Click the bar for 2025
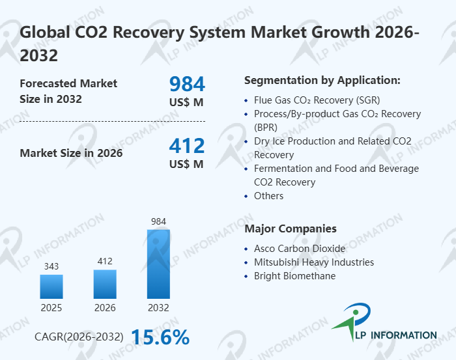[51, 286]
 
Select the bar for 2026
[105, 284]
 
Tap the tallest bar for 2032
[158, 264]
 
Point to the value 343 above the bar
[51, 266]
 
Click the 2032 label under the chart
[158, 307]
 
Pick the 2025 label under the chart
[51, 307]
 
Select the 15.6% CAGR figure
[160, 337]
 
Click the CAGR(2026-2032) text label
[79, 337]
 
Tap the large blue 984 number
[187, 84]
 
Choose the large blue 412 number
[187, 146]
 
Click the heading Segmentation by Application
[322, 81]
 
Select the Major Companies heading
[291, 228]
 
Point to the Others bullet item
[269, 196]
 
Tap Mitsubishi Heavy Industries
[314, 262]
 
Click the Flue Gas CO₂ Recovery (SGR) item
[317, 100]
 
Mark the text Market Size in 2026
[71, 154]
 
